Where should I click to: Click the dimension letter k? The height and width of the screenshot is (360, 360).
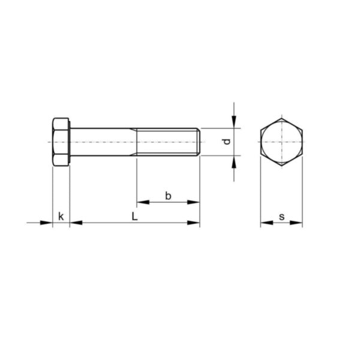click(61, 215)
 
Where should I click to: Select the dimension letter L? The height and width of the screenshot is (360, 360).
click(135, 215)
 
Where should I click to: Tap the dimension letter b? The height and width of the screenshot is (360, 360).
click(169, 196)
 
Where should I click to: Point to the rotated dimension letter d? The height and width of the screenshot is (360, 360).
click(226, 142)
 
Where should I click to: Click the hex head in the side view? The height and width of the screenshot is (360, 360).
click(61, 143)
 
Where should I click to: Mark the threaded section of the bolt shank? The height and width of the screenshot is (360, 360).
click(168, 143)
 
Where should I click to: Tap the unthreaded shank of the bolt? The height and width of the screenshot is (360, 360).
click(103, 143)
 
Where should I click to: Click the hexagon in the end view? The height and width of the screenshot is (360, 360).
click(281, 143)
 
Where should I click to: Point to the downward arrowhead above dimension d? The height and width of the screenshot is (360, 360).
click(234, 123)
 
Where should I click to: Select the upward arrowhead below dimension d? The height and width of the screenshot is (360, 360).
click(234, 161)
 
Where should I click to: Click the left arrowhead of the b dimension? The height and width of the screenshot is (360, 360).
click(142, 202)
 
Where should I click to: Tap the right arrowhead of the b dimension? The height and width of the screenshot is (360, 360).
click(194, 202)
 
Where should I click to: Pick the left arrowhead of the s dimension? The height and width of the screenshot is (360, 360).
click(265, 223)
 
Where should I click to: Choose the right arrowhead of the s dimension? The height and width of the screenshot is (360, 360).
click(298, 223)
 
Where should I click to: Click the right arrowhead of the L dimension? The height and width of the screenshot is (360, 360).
click(194, 223)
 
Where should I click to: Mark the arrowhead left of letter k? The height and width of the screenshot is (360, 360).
click(48, 223)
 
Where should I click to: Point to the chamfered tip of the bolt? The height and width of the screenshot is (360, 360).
click(198, 143)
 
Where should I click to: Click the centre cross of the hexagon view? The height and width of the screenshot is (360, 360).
click(281, 143)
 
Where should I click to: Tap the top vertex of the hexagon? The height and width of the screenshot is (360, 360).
click(281, 118)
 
